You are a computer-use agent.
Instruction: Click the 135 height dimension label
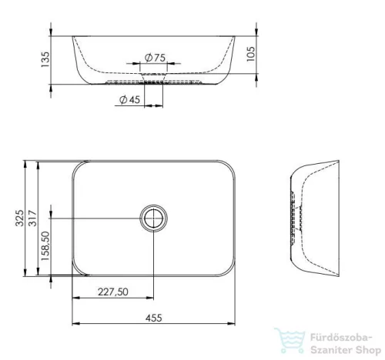click(45, 59)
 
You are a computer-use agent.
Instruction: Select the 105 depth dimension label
click(251, 54)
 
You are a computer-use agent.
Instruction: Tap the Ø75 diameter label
click(155, 58)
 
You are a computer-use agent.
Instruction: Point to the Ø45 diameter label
click(130, 99)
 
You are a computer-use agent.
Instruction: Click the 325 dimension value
click(19, 218)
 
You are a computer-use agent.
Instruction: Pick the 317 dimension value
click(32, 218)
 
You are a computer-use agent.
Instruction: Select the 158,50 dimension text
click(45, 246)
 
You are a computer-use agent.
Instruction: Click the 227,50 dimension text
click(112, 292)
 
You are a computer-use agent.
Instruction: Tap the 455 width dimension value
click(154, 318)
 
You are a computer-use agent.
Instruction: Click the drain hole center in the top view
click(153, 218)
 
